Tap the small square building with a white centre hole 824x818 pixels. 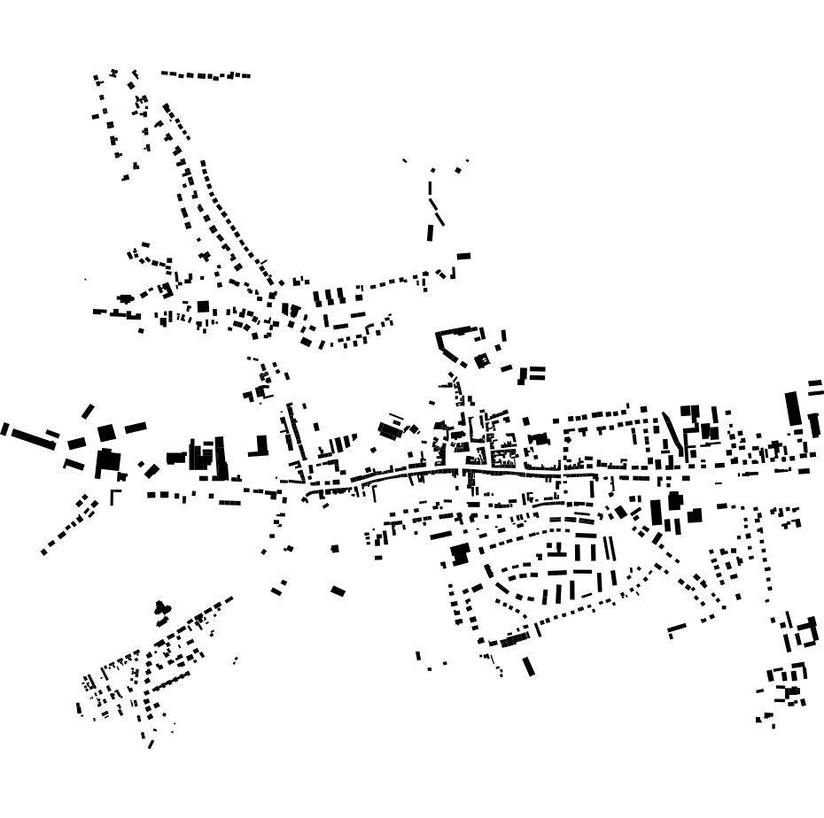click(482, 360)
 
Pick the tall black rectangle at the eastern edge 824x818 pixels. click(792, 409)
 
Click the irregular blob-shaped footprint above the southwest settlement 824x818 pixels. click(161, 608)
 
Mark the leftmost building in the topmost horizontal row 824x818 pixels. click(165, 73)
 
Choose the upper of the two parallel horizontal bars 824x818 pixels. click(537, 369)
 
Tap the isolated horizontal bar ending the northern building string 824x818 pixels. click(463, 256)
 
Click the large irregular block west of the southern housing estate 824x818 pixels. click(459, 554)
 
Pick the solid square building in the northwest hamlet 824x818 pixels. click(203, 306)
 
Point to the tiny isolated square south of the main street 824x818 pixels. click(335, 549)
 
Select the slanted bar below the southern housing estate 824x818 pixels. click(529, 666)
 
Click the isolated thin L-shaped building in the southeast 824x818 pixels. click(676, 629)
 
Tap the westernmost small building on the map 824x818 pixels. click(4, 429)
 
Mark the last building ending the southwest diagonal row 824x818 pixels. click(43, 552)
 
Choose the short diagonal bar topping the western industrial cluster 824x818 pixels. click(88, 411)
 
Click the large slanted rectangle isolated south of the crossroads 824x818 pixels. click(338, 590)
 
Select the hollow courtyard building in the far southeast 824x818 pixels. click(807, 634)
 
